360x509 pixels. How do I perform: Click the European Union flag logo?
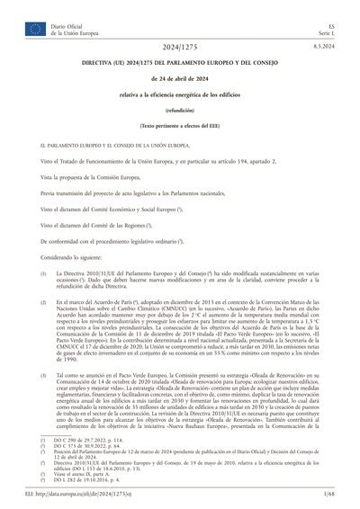pos(35,30)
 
